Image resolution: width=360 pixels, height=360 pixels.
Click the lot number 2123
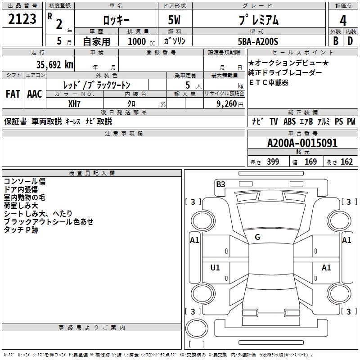(x=22, y=19)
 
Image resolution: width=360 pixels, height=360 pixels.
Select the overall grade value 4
(x=343, y=20)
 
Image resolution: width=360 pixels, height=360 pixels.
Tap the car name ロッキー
(x=116, y=20)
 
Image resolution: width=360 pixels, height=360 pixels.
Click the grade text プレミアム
(x=257, y=20)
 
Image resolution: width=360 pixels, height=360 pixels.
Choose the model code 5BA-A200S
(x=258, y=41)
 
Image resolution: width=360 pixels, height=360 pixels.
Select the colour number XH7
(x=75, y=104)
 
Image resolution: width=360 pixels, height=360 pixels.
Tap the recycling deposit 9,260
(x=225, y=104)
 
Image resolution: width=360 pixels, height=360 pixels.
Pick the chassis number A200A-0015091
(x=302, y=144)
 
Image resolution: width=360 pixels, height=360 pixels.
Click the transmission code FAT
(x=13, y=94)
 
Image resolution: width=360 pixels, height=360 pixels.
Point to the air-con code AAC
(x=35, y=94)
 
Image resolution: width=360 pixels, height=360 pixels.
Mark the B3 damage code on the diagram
(x=220, y=184)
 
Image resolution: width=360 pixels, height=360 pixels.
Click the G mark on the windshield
(x=257, y=237)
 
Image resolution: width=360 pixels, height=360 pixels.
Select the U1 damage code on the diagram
(x=215, y=268)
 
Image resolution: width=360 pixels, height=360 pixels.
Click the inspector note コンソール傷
(x=24, y=181)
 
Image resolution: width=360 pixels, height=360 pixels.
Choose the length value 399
(x=273, y=162)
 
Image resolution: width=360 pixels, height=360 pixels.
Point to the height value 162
(x=346, y=162)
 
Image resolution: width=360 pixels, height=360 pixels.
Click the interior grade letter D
(x=350, y=41)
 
